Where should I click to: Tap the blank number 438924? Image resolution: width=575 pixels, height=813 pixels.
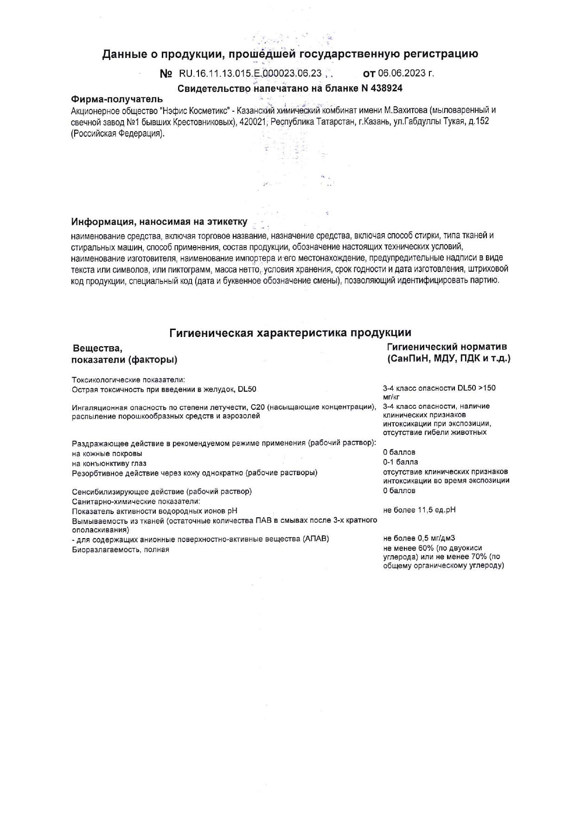tap(387, 88)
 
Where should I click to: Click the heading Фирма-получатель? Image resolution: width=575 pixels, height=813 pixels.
tap(116, 99)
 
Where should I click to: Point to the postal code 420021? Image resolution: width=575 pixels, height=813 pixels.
tap(253, 122)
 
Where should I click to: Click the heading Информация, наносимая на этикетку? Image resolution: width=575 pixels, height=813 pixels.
tap(159, 222)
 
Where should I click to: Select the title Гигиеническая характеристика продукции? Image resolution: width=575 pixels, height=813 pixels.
tap(290, 332)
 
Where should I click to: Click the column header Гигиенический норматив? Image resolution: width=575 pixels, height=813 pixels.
tap(447, 347)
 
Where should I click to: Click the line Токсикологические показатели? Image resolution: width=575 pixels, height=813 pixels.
tap(128, 380)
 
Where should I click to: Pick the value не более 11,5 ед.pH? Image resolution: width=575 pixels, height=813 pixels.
tap(419, 510)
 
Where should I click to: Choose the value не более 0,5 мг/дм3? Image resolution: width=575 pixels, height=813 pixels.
tap(419, 539)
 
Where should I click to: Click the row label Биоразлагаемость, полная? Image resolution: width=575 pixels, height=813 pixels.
tap(121, 550)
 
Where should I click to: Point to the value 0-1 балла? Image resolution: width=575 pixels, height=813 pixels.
tap(400, 462)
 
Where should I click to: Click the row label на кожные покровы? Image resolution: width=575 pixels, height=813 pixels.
tap(107, 454)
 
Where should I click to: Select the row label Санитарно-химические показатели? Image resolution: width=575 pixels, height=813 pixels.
tap(136, 502)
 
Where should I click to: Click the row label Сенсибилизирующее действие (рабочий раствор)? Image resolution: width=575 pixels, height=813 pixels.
tap(162, 491)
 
